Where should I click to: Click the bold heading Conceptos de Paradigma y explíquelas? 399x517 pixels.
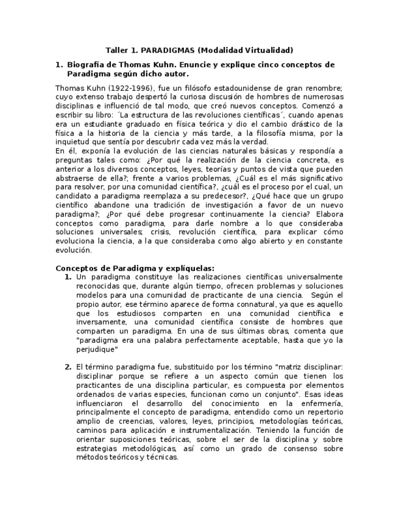[x=135, y=268]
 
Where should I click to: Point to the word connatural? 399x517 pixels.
[x=220, y=304]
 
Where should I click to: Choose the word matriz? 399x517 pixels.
[x=287, y=367]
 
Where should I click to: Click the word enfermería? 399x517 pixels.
[x=320, y=403]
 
